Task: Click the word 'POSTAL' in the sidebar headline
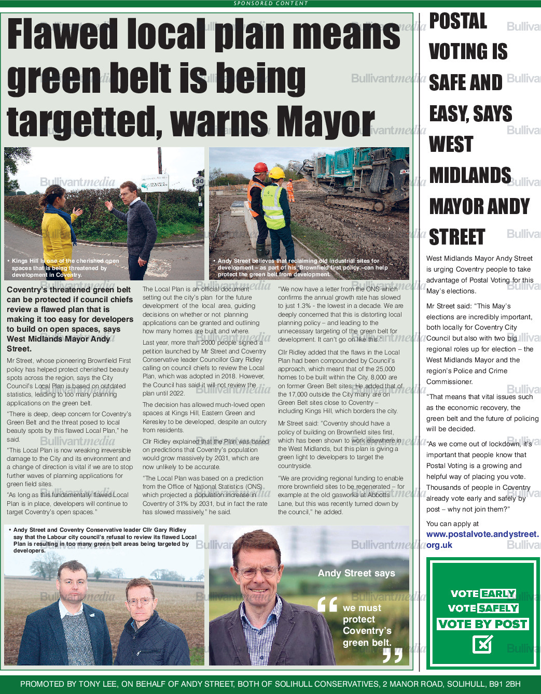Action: click(458, 21)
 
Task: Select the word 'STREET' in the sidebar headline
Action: click(457, 237)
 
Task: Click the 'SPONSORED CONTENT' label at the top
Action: click(270, 3)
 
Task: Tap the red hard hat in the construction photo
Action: click(260, 167)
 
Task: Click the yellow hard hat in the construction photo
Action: click(278, 173)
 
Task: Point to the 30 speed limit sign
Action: click(199, 181)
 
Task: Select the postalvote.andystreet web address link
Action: click(482, 539)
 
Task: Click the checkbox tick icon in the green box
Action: click(482, 644)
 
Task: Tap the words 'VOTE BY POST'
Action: click(482, 624)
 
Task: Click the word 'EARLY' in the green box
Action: click(498, 593)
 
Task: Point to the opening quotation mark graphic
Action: click(327, 604)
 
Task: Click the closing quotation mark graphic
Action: click(392, 655)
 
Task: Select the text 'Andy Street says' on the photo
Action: click(356, 573)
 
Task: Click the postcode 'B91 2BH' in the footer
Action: click(505, 684)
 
